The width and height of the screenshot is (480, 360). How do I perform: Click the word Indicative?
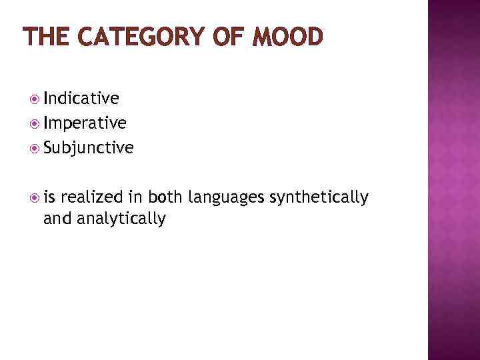[81, 99]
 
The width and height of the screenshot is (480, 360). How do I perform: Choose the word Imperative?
[85, 123]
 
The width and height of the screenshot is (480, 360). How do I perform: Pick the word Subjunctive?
[89, 147]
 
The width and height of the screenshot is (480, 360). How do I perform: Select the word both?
[166, 197]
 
